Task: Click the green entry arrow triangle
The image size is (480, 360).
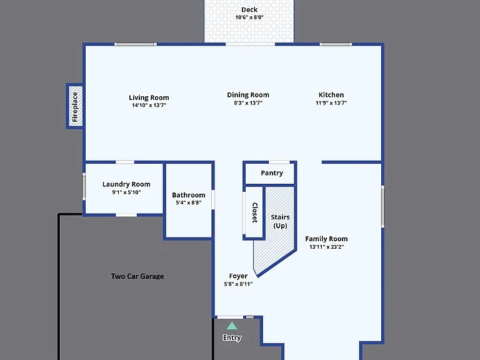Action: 232,326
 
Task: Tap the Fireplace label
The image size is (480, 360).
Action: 75,106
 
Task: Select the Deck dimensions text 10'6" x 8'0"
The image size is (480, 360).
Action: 249,17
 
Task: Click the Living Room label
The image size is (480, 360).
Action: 149,97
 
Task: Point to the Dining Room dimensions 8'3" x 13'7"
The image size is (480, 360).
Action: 248,103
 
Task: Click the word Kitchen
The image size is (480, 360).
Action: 331,95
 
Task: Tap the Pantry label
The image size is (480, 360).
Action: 272,173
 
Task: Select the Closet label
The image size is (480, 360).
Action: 255,212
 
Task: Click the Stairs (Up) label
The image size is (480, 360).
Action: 280,221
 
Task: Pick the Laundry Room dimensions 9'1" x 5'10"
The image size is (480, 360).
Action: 126,192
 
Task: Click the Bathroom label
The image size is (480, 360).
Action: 189,195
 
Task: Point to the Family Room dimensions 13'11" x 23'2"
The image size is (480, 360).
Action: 326,247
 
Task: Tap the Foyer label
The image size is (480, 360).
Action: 238,276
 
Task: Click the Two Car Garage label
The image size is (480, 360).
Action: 137,276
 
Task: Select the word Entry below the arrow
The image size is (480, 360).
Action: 232,337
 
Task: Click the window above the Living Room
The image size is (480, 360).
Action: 135,44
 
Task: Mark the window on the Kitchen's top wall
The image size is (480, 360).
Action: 336,44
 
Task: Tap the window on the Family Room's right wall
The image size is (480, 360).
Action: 382,207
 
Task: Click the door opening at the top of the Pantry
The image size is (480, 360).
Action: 279,162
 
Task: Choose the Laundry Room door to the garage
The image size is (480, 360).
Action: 126,215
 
